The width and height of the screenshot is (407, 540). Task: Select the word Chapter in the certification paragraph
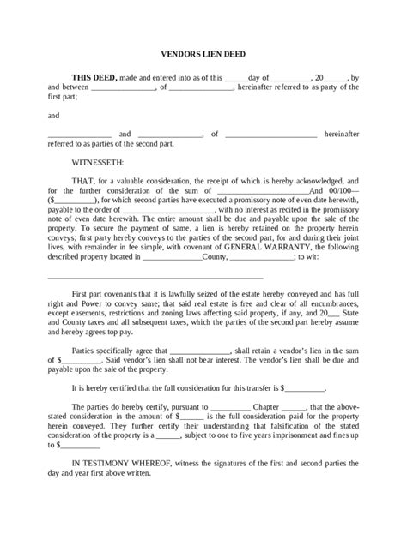265,405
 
